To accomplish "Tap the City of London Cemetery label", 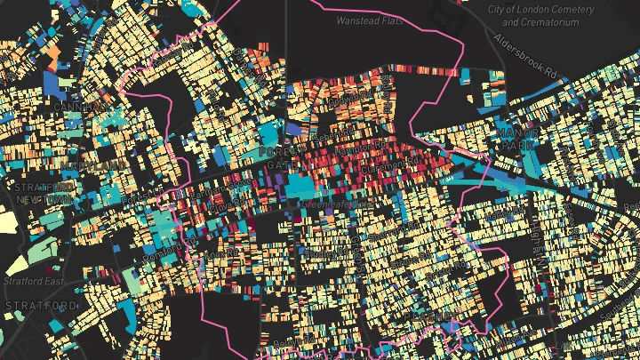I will pos(554,15).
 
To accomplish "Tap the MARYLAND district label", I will pos(89,165).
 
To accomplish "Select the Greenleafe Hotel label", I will pos(326,204).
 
